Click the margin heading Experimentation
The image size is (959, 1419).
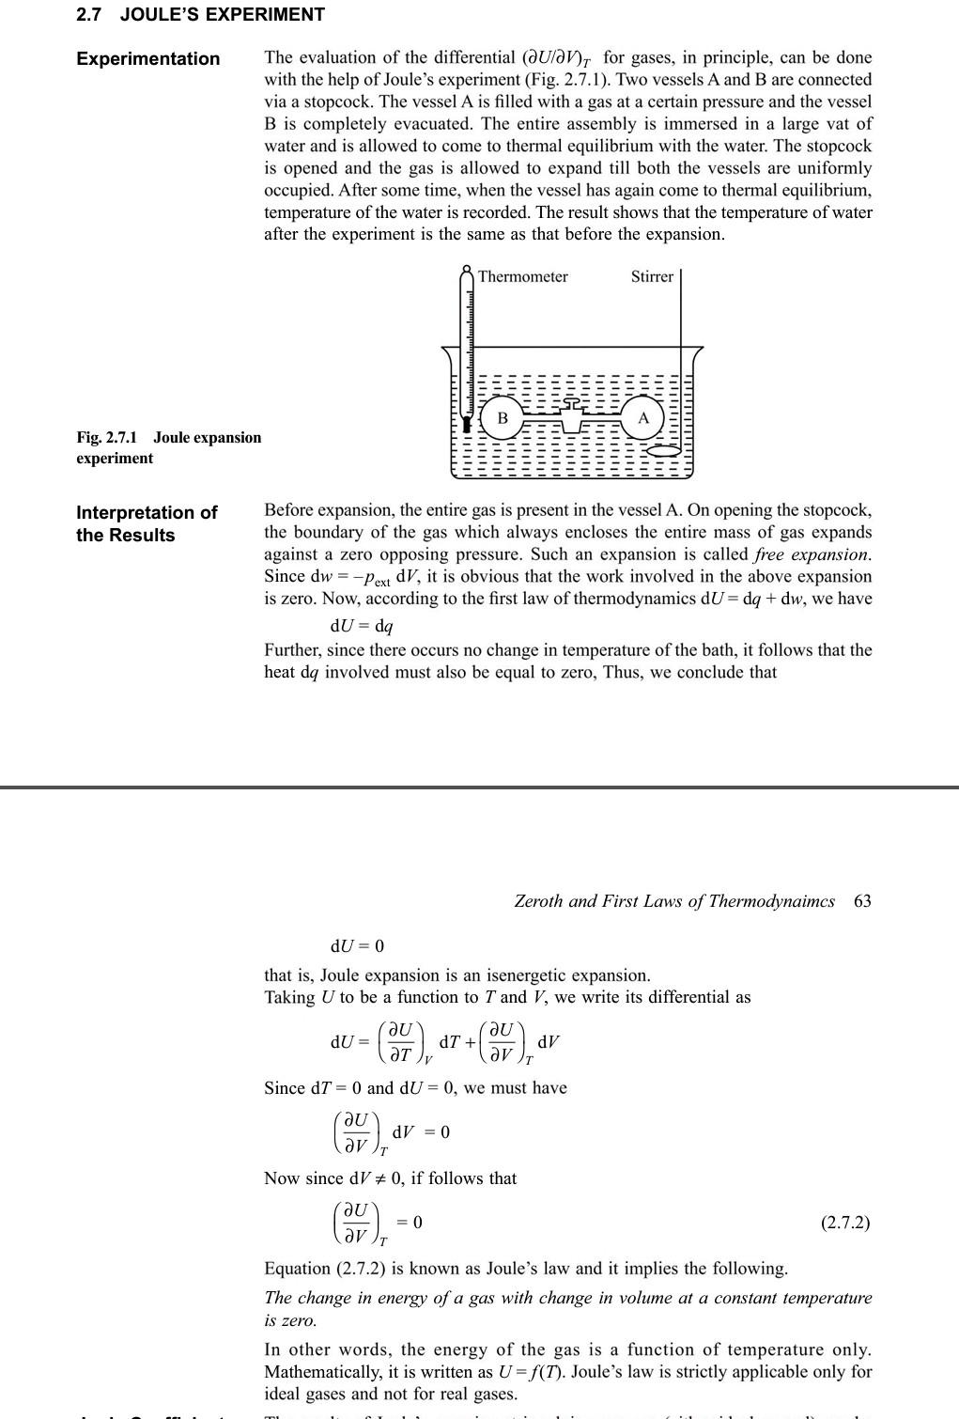pyautogui.click(x=148, y=59)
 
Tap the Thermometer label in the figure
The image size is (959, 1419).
pyautogui.click(x=522, y=276)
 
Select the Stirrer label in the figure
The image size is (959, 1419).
pyautogui.click(x=652, y=276)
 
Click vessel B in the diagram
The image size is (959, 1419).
pyautogui.click(x=503, y=417)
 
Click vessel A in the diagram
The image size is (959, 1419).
pyautogui.click(x=643, y=417)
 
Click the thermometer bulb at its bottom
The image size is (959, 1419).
pyautogui.click(x=467, y=424)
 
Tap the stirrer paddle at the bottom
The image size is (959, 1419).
pyautogui.click(x=665, y=451)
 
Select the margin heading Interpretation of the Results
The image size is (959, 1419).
pyautogui.click(x=147, y=523)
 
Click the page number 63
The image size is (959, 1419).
pyautogui.click(x=862, y=901)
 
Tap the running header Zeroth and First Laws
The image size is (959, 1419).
pyautogui.click(x=673, y=901)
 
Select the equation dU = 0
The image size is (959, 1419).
pyautogui.click(x=357, y=945)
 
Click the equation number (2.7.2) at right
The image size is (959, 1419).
pyautogui.click(x=844, y=1223)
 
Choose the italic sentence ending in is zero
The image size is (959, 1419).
pyautogui.click(x=567, y=1308)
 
